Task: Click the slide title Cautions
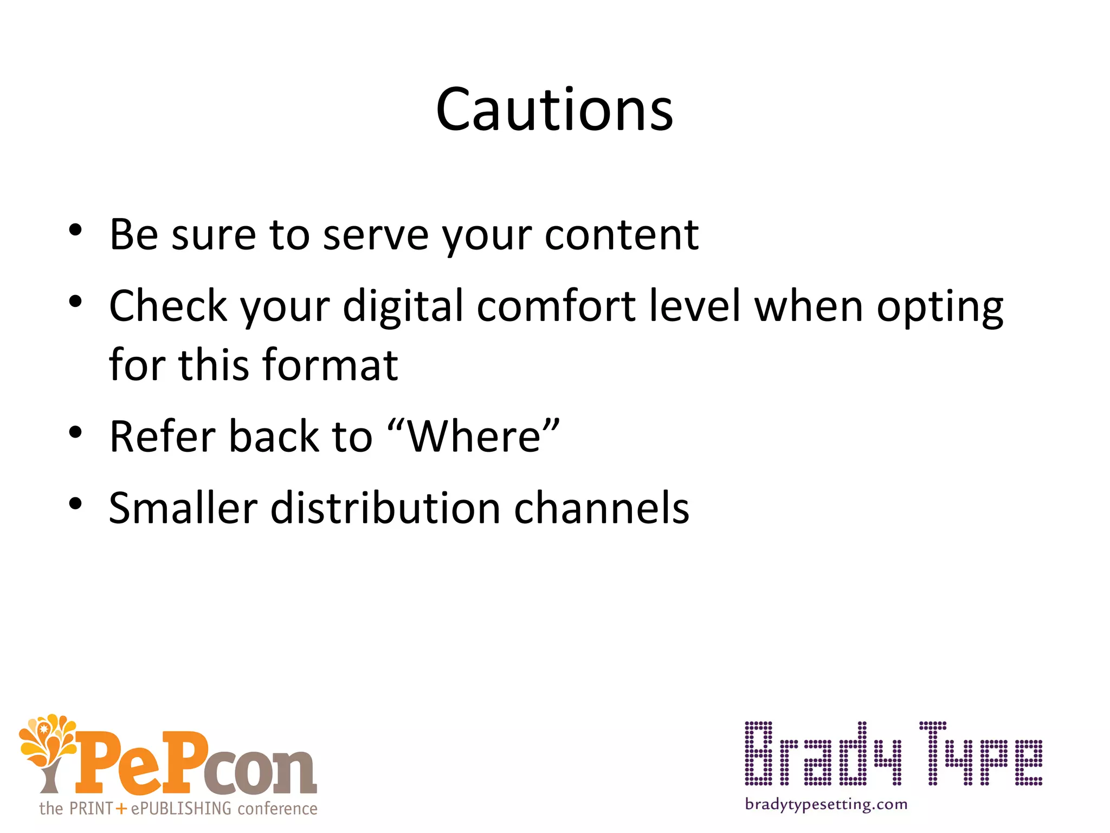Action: point(554,110)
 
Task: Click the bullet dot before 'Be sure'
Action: point(75,230)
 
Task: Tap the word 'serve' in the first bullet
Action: point(376,235)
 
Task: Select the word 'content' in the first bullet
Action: point(621,235)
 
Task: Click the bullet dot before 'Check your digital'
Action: point(75,301)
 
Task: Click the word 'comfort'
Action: point(556,306)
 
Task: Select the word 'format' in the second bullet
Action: point(330,365)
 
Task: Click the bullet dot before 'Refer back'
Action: point(75,432)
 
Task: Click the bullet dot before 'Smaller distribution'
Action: point(75,503)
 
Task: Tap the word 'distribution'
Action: point(385,508)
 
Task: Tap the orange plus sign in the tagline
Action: point(121,809)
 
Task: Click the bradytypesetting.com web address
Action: point(826,804)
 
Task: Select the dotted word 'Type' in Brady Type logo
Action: point(980,754)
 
